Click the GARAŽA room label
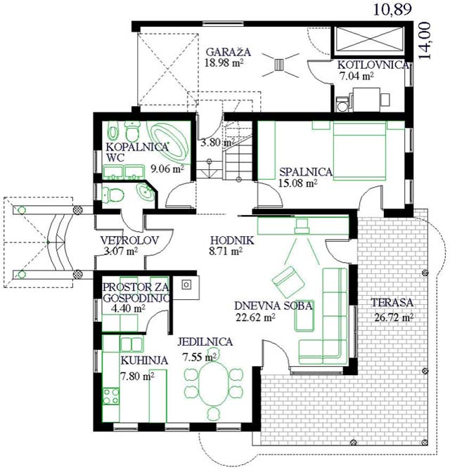coord(228,52)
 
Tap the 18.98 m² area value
coord(224,63)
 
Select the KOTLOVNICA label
coord(373,65)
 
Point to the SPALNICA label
coord(306,171)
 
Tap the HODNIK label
coord(232,240)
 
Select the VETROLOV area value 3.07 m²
coord(120,252)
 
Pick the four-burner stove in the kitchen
coord(110,396)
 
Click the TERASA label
coord(392,302)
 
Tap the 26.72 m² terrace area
coord(394,317)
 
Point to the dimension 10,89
coord(392,9)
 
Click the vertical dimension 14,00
coord(425,41)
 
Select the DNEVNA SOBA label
coord(274,306)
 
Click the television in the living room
coord(302,226)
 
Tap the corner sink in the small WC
coord(146,192)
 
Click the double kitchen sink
coord(131,344)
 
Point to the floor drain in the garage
coord(279,64)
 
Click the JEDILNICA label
coord(205,342)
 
